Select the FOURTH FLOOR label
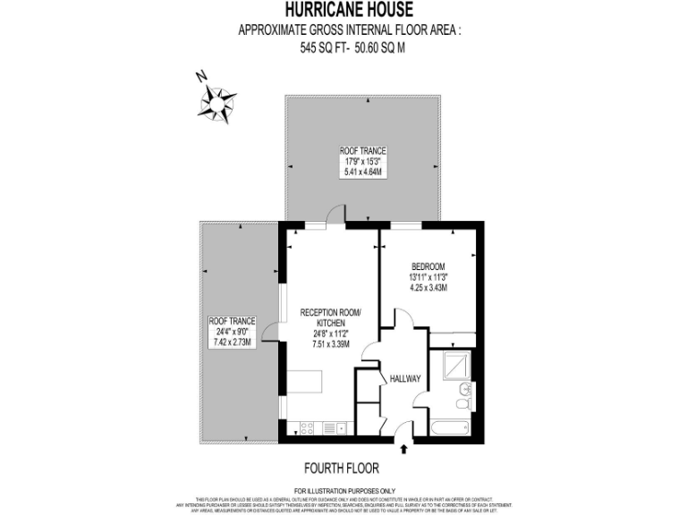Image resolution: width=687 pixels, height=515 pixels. point(342,468)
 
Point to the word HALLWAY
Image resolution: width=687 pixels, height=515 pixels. point(405,379)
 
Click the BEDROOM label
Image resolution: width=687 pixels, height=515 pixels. point(428,266)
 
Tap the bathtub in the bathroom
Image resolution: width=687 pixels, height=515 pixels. point(456,429)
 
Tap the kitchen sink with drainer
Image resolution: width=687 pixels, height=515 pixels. point(333,427)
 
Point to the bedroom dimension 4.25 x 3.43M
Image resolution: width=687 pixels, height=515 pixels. point(428,288)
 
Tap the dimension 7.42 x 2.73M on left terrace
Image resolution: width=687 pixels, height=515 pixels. point(232,342)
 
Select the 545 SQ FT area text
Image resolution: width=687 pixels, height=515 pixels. point(320,49)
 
